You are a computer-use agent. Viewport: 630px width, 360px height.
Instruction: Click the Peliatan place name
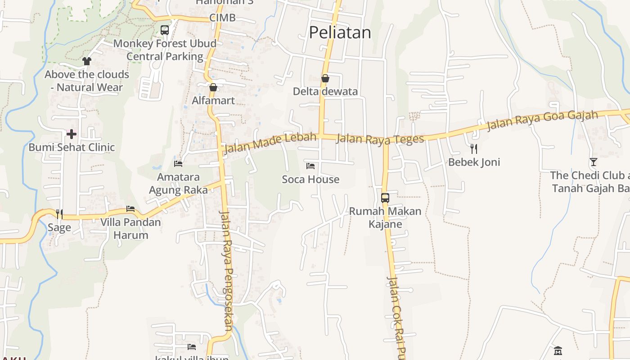[340, 32]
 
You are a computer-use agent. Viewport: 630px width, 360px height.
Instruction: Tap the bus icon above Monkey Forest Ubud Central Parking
[165, 30]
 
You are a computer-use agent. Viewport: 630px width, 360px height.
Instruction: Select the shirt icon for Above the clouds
[87, 61]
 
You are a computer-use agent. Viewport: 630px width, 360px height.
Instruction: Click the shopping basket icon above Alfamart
[213, 87]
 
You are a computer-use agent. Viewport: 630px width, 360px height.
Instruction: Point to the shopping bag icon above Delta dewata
[325, 78]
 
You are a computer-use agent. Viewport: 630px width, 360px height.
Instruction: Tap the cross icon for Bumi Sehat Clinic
[72, 134]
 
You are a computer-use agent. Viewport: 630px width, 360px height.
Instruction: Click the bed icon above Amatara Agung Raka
[178, 163]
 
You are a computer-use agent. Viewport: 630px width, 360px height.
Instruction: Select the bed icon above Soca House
[310, 166]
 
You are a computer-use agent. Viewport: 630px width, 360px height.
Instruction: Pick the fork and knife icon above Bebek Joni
[473, 148]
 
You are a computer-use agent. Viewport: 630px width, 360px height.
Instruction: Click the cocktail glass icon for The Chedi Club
[594, 162]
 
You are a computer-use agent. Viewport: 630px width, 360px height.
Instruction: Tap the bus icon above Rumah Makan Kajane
[385, 198]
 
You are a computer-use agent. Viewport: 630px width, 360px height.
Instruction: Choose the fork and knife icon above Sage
[59, 214]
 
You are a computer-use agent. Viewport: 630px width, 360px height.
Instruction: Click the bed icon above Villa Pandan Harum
[130, 209]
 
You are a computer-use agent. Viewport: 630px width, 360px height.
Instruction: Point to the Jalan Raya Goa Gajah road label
[542, 120]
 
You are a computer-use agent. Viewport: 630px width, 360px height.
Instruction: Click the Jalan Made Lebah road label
[269, 142]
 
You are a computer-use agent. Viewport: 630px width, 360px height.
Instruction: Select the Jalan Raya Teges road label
[380, 139]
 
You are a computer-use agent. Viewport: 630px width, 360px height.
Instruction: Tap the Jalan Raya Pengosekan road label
[225, 270]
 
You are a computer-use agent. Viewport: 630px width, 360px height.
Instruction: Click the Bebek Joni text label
[474, 162]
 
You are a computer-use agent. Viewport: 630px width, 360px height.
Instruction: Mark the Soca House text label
[310, 180]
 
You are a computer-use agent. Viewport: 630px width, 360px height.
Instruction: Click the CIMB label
[222, 18]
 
